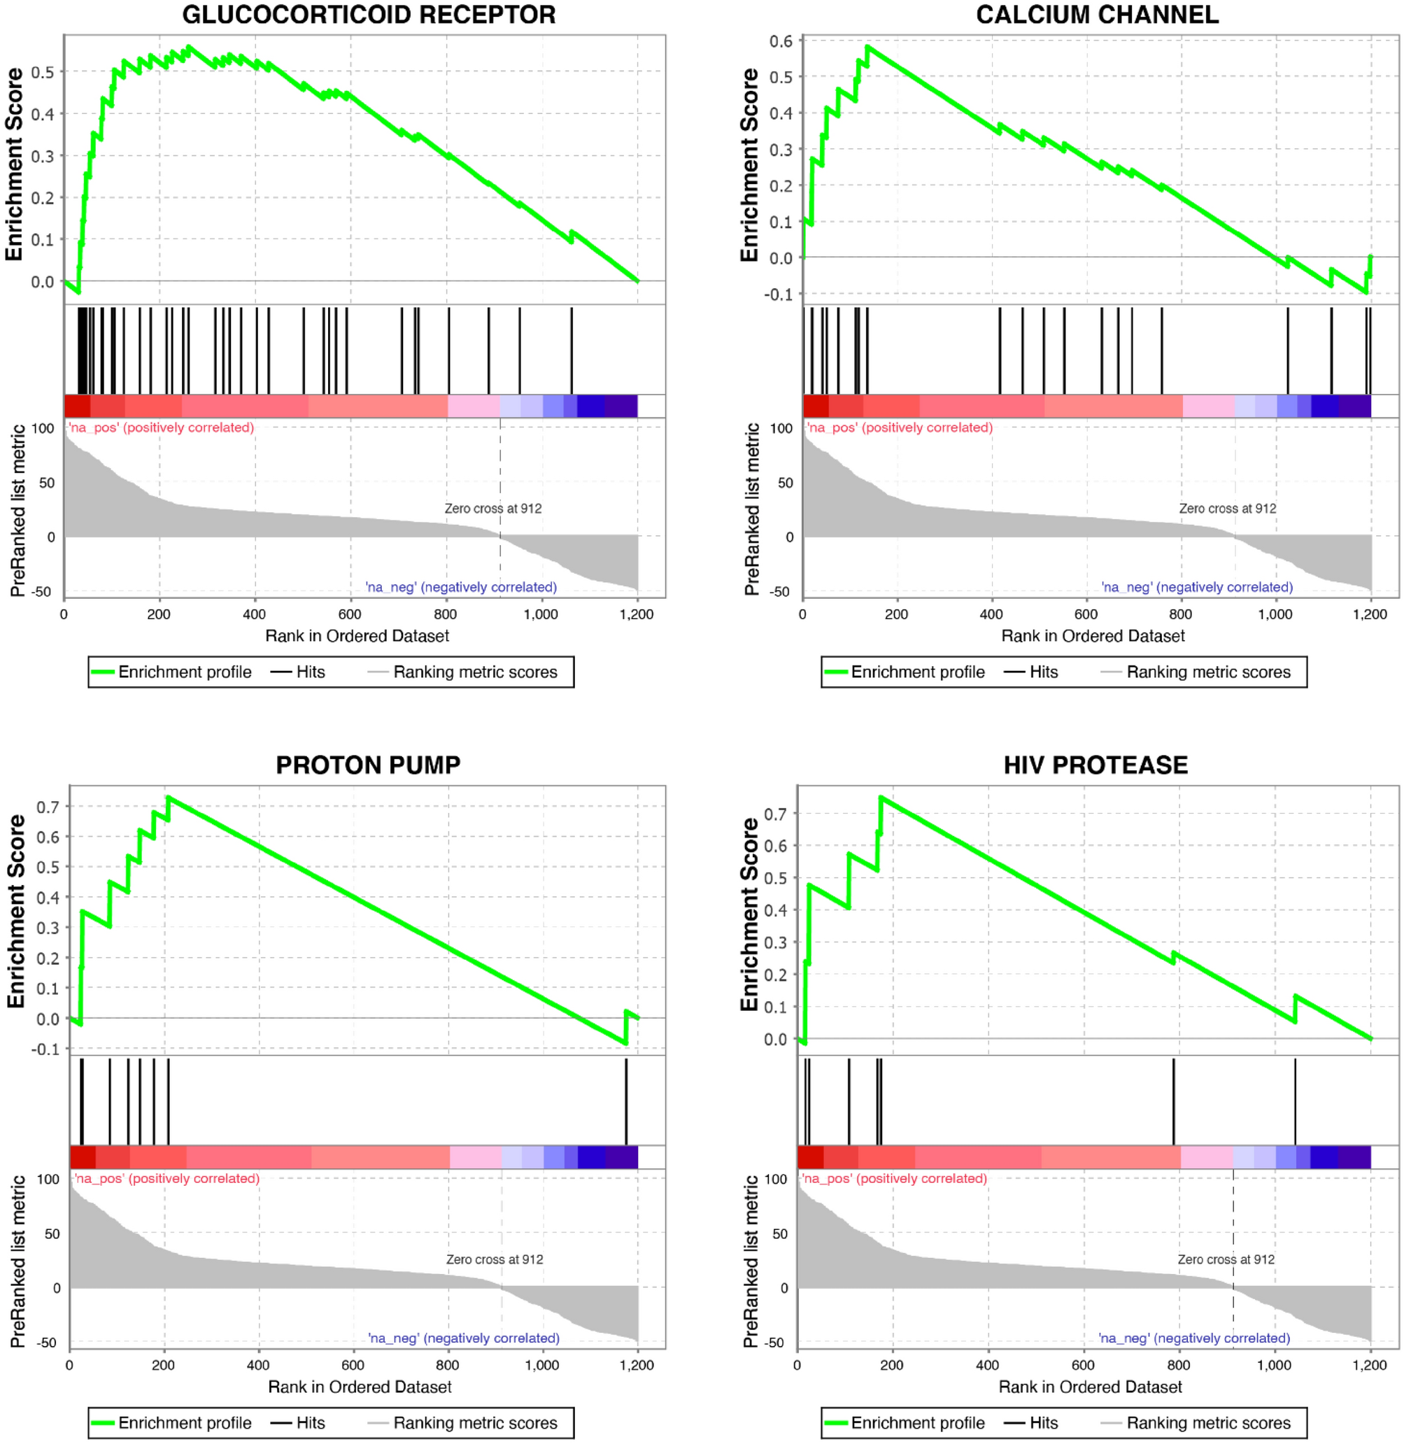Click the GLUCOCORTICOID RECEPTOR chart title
pos(369,15)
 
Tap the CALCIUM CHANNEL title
pos(1097,15)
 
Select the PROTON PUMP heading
pos(368,765)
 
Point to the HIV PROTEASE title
pos(1095,765)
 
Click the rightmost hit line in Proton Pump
pos(626,1101)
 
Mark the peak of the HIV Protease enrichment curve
pos(881,798)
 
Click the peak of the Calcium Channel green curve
pos(867,46)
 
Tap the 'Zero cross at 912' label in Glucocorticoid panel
pos(492,508)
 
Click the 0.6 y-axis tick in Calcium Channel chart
pos(780,41)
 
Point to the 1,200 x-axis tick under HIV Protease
pos(1370,1365)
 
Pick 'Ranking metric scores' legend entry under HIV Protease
pos(1208,1422)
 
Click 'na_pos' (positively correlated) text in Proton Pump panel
pos(166,1179)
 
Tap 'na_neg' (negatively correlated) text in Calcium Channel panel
pos(1197,587)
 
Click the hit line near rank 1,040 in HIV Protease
pos(1295,1101)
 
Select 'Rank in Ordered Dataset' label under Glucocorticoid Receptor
pos(357,636)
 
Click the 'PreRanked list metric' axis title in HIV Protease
pos(751,1261)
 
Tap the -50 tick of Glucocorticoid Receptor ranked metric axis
pos(41,591)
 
